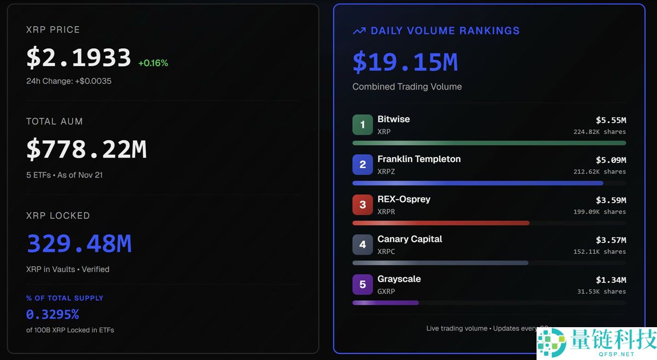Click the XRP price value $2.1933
click(x=78, y=58)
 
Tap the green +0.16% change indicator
click(x=153, y=63)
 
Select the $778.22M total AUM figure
click(x=87, y=149)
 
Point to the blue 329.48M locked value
click(x=79, y=243)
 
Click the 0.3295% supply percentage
click(x=53, y=315)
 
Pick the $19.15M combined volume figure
click(x=405, y=62)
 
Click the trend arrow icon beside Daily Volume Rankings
click(x=359, y=31)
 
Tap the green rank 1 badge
click(x=362, y=125)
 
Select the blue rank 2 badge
click(x=362, y=165)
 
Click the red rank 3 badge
click(x=362, y=205)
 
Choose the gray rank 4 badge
click(x=362, y=245)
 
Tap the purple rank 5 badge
click(x=362, y=284)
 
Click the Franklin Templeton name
click(x=419, y=159)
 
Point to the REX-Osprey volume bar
click(x=441, y=223)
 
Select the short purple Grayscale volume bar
click(x=385, y=303)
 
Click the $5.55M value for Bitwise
click(x=610, y=120)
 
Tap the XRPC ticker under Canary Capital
click(x=386, y=252)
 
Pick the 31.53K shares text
click(x=601, y=292)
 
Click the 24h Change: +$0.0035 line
click(x=69, y=81)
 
